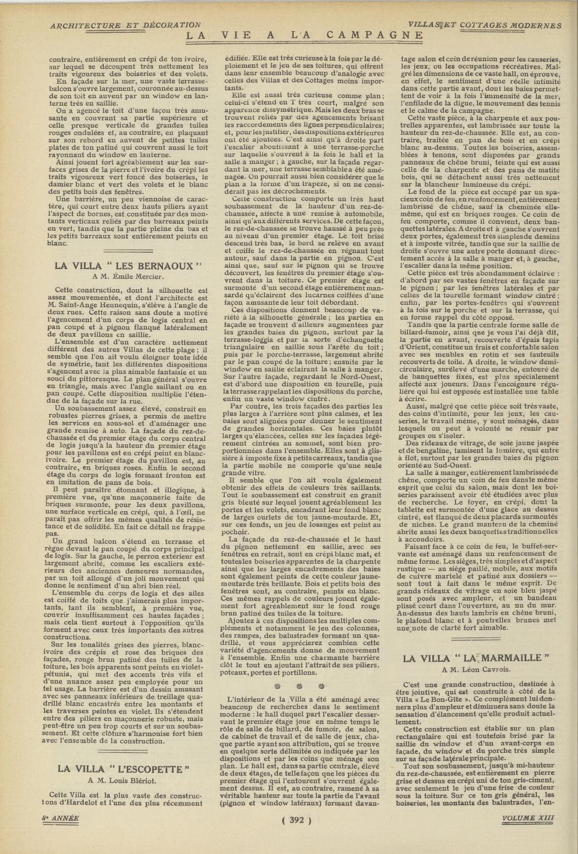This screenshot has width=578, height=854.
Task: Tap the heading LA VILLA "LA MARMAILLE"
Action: tap(475, 657)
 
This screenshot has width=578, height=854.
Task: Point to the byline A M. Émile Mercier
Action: tap(129, 275)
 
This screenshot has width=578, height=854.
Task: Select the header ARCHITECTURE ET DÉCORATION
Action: tap(125, 25)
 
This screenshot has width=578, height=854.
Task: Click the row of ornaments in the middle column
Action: tap(296, 686)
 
